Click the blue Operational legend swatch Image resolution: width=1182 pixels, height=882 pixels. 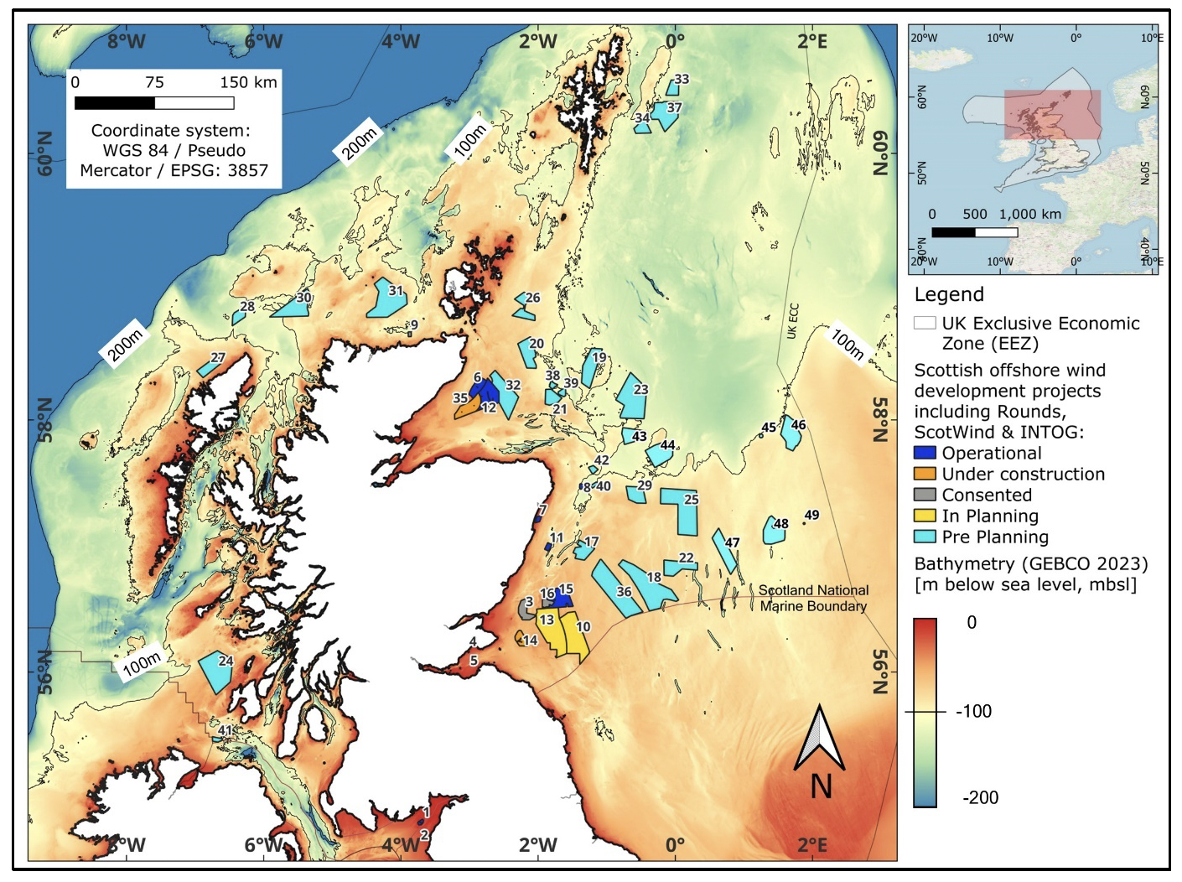(925, 453)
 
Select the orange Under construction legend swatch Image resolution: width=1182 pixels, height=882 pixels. (925, 474)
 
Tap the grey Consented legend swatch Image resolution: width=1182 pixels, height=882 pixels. (925, 495)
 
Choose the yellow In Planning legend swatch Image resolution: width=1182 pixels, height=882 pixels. (925, 516)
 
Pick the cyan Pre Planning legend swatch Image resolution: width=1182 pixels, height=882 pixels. (925, 537)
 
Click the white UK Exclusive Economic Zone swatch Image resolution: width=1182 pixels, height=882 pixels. (925, 323)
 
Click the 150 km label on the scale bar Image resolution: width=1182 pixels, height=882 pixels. (248, 82)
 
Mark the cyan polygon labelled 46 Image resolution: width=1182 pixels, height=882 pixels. (791, 433)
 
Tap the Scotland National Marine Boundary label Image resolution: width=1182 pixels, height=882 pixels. (813, 598)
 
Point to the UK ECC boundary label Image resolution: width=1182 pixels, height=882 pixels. (792, 321)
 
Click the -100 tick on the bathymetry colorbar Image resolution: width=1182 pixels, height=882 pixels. (973, 711)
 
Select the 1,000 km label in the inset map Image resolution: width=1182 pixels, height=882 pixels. (1030, 214)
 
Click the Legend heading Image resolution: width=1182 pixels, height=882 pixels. (949, 294)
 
